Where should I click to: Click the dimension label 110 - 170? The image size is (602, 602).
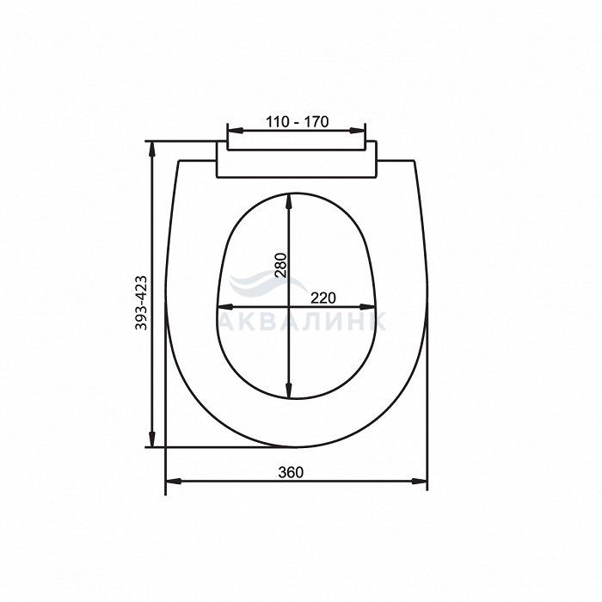[x=298, y=122]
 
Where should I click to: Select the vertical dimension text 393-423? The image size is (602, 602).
[x=141, y=303]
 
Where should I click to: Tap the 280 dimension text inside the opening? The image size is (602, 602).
[x=280, y=265]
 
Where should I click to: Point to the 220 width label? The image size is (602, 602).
[x=322, y=298]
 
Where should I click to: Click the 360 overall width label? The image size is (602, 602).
[x=291, y=472]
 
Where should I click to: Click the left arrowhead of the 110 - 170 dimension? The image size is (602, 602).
[x=235, y=131]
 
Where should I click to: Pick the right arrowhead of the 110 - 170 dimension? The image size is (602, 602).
[x=358, y=131]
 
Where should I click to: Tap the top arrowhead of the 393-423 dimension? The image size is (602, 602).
[x=152, y=149]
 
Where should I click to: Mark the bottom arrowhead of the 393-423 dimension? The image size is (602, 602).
[x=152, y=439]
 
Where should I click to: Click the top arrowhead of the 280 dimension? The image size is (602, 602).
[x=289, y=201]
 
